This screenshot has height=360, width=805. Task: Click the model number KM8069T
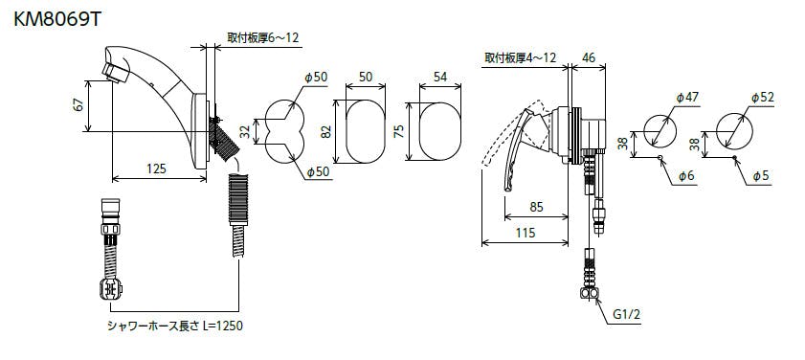(56, 19)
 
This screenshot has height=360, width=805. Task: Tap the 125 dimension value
(156, 168)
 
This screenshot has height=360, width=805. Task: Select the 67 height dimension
(78, 105)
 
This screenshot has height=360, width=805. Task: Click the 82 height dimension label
(326, 131)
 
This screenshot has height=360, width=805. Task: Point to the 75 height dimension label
(399, 131)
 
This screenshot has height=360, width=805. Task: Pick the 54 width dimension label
(440, 77)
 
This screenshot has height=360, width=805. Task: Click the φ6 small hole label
(686, 176)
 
